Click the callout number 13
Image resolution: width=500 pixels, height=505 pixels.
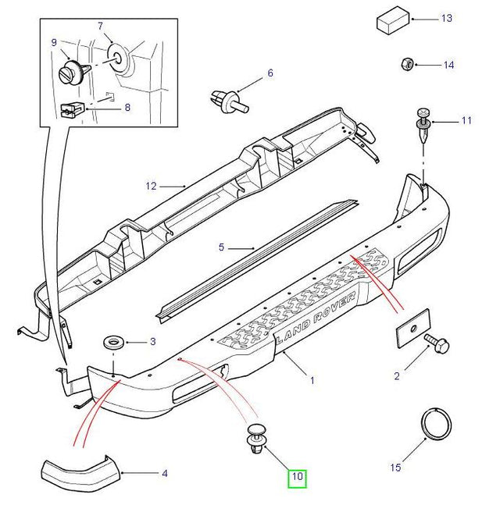point(447,18)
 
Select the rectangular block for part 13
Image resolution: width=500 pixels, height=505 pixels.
point(393,20)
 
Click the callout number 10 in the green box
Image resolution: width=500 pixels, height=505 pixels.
point(297,476)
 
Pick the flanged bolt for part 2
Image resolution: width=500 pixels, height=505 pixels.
point(437,343)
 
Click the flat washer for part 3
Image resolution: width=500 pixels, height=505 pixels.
point(114,342)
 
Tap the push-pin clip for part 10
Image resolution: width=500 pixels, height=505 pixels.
point(256,439)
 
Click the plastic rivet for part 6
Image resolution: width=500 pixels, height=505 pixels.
point(229,101)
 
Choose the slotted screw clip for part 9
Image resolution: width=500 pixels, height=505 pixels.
point(73,72)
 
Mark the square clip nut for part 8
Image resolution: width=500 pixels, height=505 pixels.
point(73,110)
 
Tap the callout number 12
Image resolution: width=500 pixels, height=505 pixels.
point(151,186)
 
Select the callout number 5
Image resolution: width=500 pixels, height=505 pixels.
point(221,247)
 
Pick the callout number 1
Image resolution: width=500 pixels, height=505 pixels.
point(312,381)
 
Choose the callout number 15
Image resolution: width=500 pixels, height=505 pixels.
point(395,467)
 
